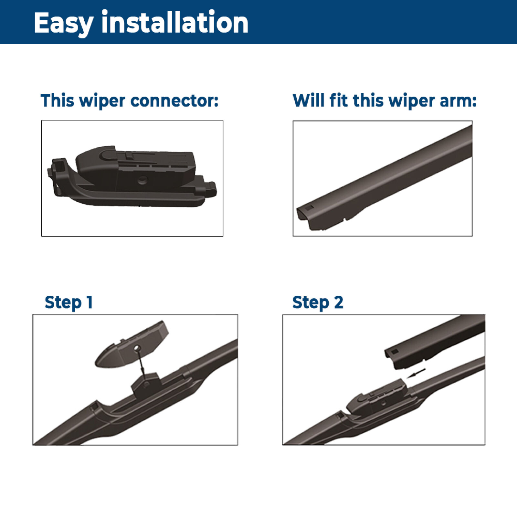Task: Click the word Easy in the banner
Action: click(x=64, y=23)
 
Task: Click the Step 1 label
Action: click(x=69, y=303)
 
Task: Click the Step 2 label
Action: click(x=318, y=303)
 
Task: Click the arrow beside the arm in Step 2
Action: click(x=416, y=373)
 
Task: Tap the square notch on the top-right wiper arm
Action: click(x=309, y=207)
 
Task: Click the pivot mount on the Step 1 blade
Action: click(x=146, y=384)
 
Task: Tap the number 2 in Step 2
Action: click(x=338, y=302)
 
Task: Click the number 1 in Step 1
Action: click(x=90, y=302)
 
